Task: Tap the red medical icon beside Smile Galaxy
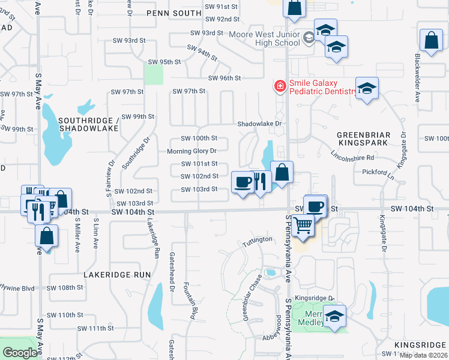click(279, 86)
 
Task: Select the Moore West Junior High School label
click(264, 38)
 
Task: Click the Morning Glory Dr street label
click(191, 151)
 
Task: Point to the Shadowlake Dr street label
click(259, 124)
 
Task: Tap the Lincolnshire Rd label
click(352, 157)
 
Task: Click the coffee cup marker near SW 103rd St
click(243, 182)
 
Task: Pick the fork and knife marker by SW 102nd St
click(259, 182)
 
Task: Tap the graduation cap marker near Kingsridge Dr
click(335, 316)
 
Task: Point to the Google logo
click(20, 353)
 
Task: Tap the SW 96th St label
click(224, 79)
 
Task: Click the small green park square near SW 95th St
click(154, 75)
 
